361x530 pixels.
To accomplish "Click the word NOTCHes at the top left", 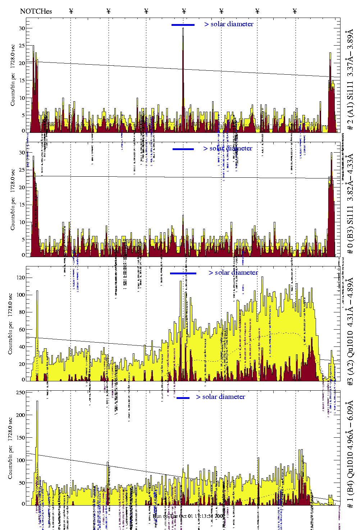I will click(36, 11).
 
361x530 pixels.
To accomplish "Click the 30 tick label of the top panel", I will click(22, 28).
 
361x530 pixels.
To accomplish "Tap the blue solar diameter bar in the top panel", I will click(183, 25).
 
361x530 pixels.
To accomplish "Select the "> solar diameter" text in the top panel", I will click(229, 24).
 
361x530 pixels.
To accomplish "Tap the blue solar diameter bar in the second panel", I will click(183, 149).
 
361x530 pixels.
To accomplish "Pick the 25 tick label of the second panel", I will click(22, 170).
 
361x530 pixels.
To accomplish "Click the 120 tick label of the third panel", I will click(21, 278).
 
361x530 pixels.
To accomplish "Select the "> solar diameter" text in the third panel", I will click(233, 273).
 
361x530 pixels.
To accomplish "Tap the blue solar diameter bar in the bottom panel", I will click(183, 398).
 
